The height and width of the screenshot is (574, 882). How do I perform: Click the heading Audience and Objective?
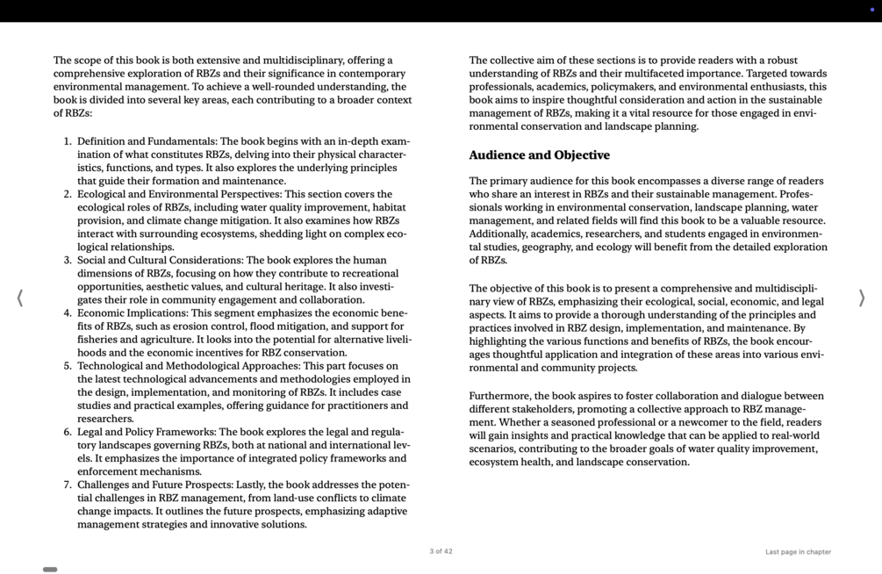(x=539, y=155)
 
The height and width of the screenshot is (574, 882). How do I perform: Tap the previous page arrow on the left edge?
(x=19, y=298)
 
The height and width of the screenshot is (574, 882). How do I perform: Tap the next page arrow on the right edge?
(x=861, y=298)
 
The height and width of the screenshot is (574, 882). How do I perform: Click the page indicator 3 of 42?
(x=441, y=551)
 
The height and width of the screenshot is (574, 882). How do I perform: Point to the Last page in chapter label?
(x=798, y=552)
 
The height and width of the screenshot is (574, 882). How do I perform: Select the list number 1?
(x=68, y=141)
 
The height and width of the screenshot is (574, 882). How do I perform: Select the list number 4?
(x=68, y=313)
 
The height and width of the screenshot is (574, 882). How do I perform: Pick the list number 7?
(x=68, y=484)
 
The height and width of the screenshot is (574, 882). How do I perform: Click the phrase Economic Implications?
(x=132, y=313)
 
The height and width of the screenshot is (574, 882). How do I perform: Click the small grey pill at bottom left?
(x=50, y=570)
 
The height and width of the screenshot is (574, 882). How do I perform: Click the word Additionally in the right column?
(x=501, y=233)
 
